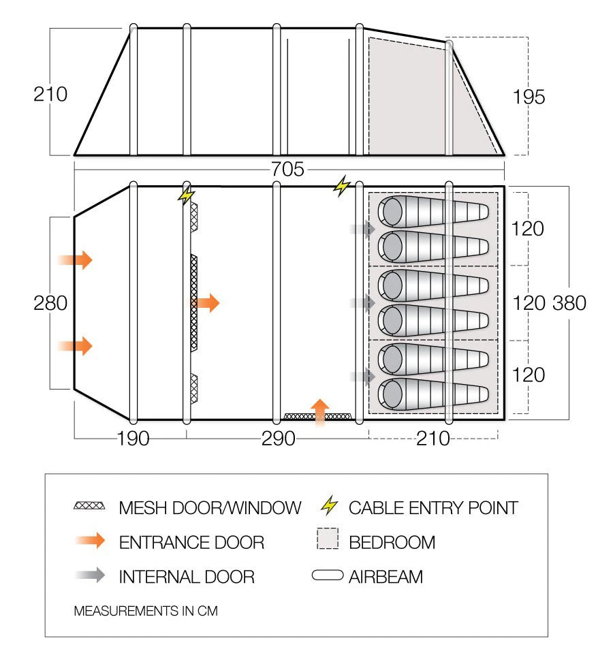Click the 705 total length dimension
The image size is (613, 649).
[287, 170]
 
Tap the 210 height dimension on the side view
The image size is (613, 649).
[50, 94]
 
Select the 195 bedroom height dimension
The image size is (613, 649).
[529, 97]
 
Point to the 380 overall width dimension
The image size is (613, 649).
[569, 302]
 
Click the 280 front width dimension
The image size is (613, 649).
[50, 302]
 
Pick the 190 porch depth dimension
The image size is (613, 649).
[132, 439]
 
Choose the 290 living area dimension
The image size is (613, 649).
[278, 439]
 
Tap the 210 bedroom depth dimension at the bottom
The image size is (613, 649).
[434, 439]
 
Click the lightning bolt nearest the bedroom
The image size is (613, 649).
[341, 185]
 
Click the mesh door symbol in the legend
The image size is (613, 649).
[90, 506]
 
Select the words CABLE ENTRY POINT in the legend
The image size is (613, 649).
[433, 507]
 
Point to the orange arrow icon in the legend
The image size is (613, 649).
[90, 542]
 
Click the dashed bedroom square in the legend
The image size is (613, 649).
[328, 541]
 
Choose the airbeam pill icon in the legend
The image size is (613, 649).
[328, 576]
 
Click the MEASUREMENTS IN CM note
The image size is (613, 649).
[145, 611]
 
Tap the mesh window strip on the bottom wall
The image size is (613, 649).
[317, 415]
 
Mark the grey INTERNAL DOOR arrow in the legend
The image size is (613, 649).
[90, 576]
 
